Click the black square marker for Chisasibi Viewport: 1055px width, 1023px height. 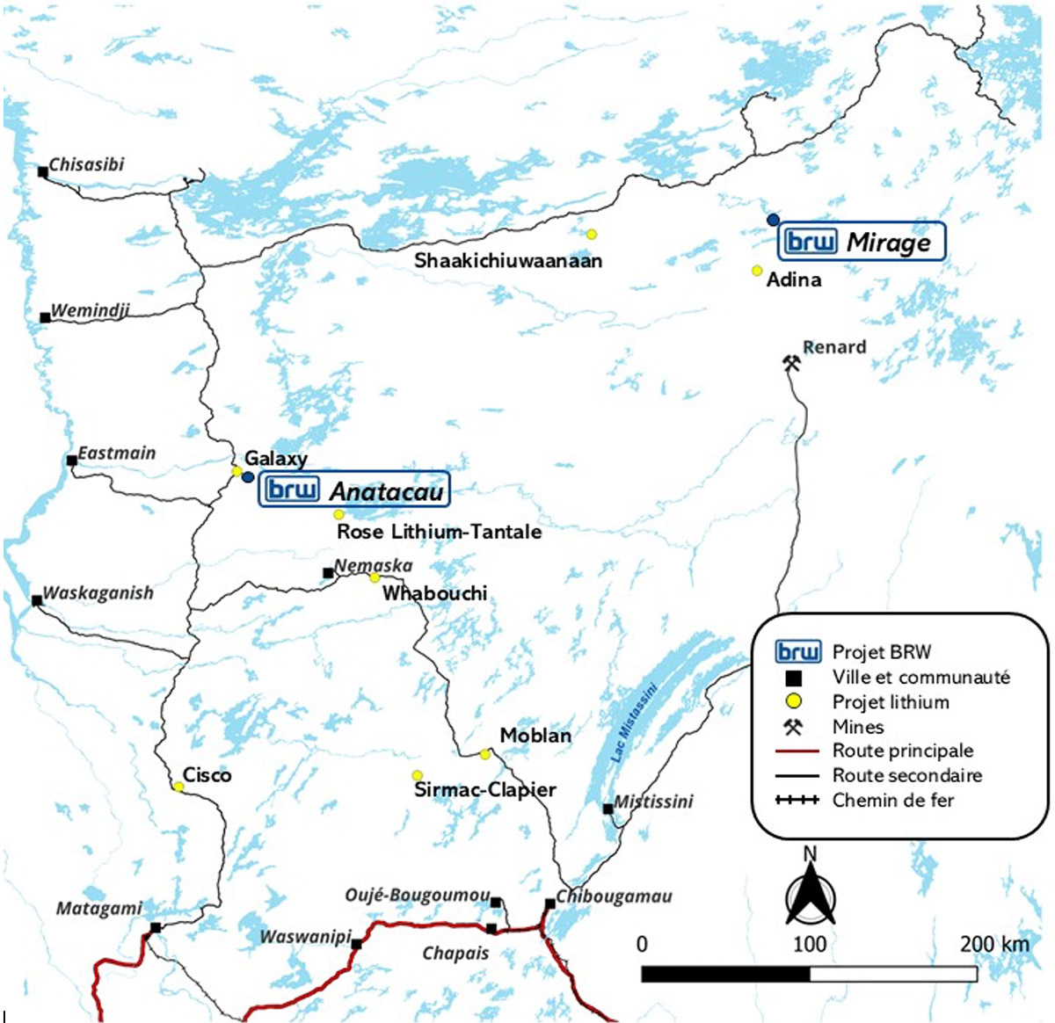click(x=42, y=172)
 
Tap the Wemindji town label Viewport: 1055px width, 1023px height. click(x=91, y=310)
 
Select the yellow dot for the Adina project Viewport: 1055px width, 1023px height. click(x=757, y=271)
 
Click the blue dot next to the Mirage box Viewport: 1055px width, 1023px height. click(x=773, y=219)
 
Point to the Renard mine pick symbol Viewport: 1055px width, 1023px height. click(x=791, y=363)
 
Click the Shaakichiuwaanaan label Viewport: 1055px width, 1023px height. click(x=508, y=261)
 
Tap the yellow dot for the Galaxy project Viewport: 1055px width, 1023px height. click(x=236, y=471)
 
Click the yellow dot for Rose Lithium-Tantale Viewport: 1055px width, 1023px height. click(x=338, y=514)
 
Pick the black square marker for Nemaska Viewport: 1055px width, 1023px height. click(x=328, y=573)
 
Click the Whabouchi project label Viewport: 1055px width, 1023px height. click(x=434, y=593)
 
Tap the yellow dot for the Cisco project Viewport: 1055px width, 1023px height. click(x=178, y=787)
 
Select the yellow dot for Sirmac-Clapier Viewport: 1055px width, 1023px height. click(x=418, y=775)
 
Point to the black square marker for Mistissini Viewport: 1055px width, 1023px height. click(x=608, y=809)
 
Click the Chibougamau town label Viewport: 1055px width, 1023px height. click(x=615, y=896)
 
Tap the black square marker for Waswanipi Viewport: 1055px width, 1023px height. click(x=357, y=945)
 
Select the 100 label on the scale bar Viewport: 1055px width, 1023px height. click(x=810, y=945)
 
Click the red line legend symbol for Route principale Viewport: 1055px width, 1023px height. click(x=797, y=751)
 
